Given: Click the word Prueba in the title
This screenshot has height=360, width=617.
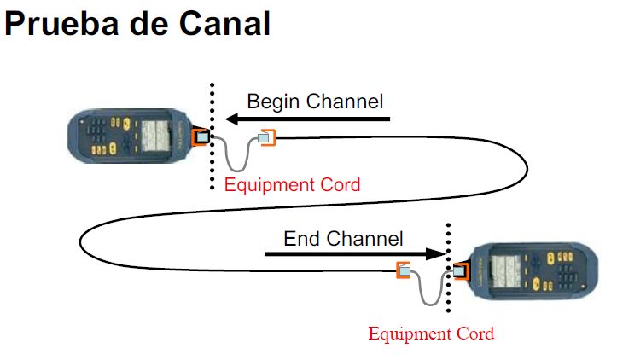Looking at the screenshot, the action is click(x=61, y=25).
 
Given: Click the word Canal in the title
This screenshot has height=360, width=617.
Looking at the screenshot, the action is click(x=224, y=24).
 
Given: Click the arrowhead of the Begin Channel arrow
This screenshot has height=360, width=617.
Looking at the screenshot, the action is click(x=232, y=119).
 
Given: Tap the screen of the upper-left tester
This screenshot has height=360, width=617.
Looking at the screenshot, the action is click(x=156, y=136).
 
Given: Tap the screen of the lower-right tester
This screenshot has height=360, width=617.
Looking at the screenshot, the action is click(x=506, y=271).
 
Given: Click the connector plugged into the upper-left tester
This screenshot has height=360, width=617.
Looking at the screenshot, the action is click(x=201, y=136).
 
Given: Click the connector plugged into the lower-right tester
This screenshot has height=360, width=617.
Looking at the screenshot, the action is click(x=461, y=271).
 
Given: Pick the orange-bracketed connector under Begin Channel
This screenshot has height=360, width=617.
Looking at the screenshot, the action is click(x=266, y=137).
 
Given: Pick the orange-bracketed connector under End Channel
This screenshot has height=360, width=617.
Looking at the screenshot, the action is click(x=404, y=270).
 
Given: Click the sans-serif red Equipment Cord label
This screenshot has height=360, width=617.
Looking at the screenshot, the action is click(x=293, y=185).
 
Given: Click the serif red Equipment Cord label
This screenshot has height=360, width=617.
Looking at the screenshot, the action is click(x=431, y=334).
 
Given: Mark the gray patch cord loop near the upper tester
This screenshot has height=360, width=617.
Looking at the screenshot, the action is click(x=237, y=171).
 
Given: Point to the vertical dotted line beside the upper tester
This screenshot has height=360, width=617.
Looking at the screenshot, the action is click(x=212, y=136).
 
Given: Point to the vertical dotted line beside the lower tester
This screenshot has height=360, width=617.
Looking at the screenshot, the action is click(x=448, y=268).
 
